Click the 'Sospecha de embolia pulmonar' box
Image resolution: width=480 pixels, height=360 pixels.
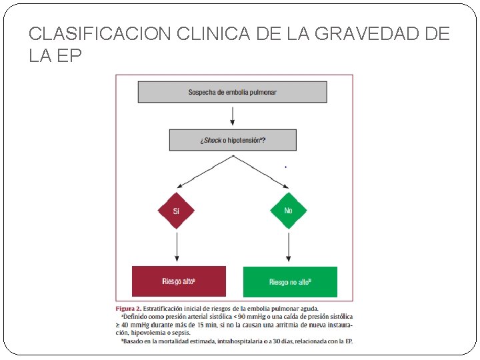(x=232, y=92)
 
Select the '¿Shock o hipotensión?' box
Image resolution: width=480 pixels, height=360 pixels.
(x=232, y=140)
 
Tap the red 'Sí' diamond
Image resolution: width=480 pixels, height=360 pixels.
(x=177, y=211)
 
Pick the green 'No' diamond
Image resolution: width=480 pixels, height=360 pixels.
(x=288, y=211)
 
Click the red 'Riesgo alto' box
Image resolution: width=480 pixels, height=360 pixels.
(x=179, y=281)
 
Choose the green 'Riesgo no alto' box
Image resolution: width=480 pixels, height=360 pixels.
(x=290, y=282)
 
